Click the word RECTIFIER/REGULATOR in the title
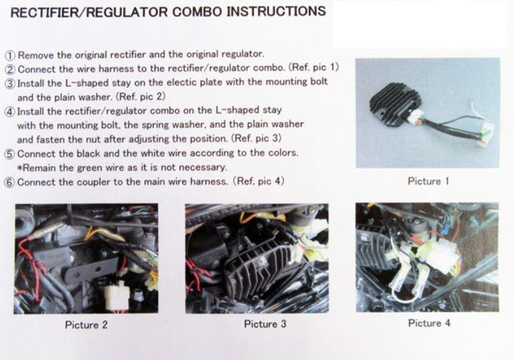[x=89, y=12]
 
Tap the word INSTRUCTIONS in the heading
[x=277, y=11]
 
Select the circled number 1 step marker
[x=10, y=55]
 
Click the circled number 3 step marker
[x=10, y=83]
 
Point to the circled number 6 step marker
[x=10, y=183]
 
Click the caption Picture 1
[x=429, y=181]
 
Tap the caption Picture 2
[x=86, y=325]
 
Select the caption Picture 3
[x=265, y=324]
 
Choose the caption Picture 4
[x=429, y=323]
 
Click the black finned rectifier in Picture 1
[x=394, y=103]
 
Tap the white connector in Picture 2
[x=117, y=296]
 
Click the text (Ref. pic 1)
[x=313, y=67]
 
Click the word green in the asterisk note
[x=89, y=168]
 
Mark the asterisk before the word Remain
[x=20, y=167]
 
